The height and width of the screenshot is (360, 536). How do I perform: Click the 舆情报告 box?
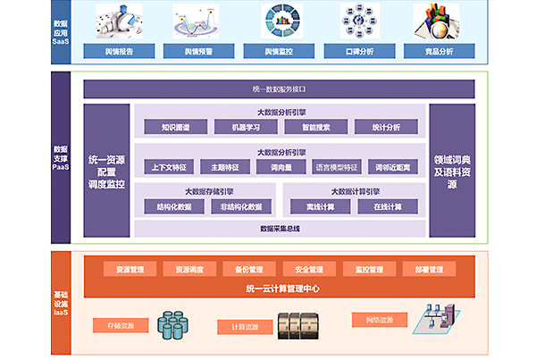[x=119, y=52]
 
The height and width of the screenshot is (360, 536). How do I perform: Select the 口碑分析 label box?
[x=361, y=52]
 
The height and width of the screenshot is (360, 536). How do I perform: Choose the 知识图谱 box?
[x=174, y=127]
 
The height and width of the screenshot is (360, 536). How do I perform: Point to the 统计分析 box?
[x=385, y=127]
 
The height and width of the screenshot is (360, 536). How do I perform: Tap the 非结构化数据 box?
[x=242, y=206]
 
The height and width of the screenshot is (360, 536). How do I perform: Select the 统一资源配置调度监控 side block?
[x=107, y=171]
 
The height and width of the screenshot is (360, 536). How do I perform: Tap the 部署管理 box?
[x=422, y=269]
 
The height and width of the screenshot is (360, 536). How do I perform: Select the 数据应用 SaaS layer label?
[x=61, y=33]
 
